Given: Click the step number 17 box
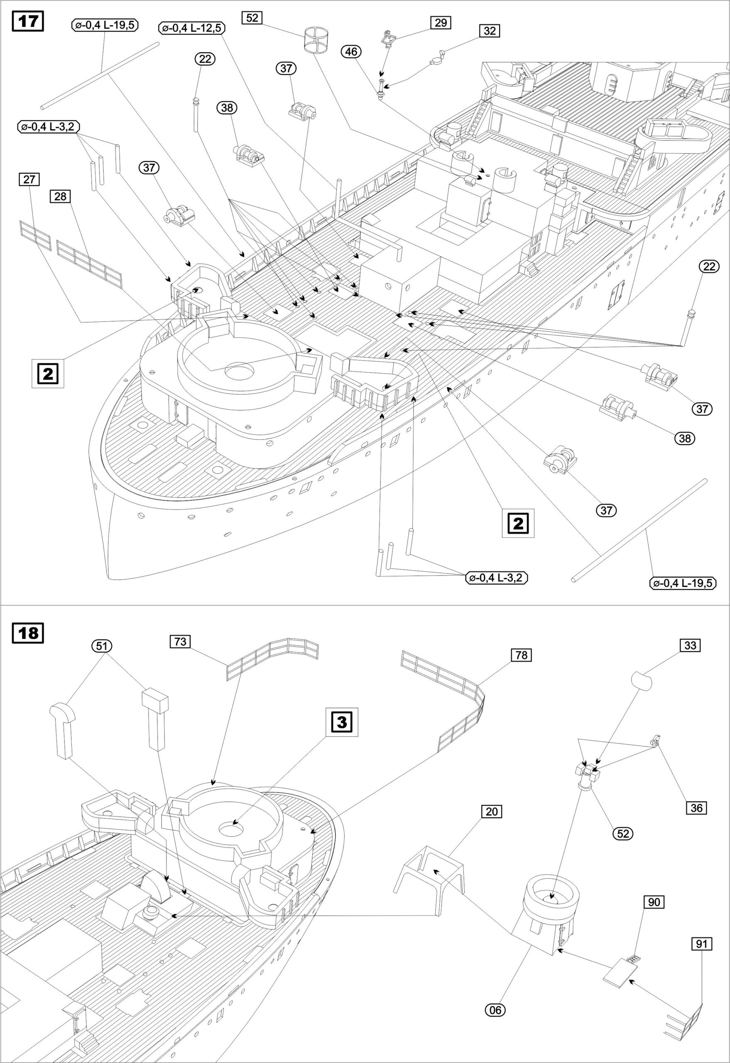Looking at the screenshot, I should coord(28,22).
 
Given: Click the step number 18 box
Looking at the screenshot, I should coord(28,634).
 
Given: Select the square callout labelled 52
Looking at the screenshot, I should coord(252,18).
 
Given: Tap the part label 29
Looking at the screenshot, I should coord(440,22).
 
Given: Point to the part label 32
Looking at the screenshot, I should coord(490,31).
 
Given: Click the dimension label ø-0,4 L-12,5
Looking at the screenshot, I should coord(191,28).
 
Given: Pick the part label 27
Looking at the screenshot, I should coord(29,179).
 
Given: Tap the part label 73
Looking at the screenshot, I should coord(180,642).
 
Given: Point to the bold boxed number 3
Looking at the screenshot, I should coord(341,722).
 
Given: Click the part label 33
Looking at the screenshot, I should coord(690,645).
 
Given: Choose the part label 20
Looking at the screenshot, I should coord(491,811).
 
